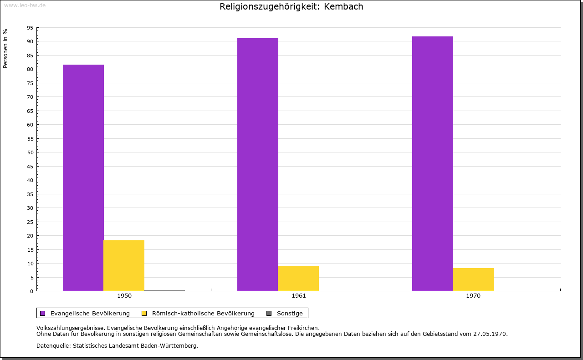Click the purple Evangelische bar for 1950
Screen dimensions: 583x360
[x=83, y=177]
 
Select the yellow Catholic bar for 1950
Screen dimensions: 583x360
[x=124, y=266]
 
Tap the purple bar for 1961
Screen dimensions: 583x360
[x=258, y=164]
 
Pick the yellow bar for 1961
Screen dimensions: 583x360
[x=298, y=279]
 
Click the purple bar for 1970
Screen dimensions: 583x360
[x=433, y=163]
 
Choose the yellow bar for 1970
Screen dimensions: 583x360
[x=473, y=279]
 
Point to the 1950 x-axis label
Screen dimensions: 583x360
[x=124, y=296]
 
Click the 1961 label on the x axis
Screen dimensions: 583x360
[x=299, y=296]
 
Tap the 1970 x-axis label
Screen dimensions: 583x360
[x=473, y=296]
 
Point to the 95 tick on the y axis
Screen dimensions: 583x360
[x=30, y=28]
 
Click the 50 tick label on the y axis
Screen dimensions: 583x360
[x=30, y=152]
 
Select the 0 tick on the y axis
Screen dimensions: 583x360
[x=32, y=291]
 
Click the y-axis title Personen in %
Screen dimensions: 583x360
[x=5, y=48]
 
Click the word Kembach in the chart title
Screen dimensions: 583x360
[x=343, y=6]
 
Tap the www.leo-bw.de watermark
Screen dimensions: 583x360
[x=25, y=5]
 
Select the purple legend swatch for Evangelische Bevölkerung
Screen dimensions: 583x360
[x=43, y=314]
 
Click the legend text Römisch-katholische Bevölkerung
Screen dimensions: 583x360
[x=203, y=314]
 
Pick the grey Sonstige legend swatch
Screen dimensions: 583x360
[x=269, y=314]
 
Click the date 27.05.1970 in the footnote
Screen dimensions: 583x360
[x=490, y=334]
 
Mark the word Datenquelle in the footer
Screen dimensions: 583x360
[x=53, y=346]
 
